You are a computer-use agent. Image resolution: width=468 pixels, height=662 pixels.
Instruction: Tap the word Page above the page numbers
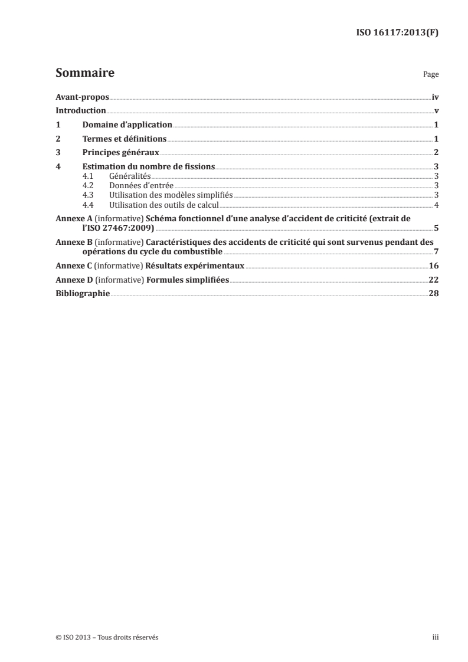[x=431, y=76]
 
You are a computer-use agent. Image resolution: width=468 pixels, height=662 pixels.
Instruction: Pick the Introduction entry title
[x=80, y=111]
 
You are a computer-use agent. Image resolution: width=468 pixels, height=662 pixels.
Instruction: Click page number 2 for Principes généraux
[x=436, y=153]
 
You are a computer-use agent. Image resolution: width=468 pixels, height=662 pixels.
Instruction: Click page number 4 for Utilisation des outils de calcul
[x=436, y=205]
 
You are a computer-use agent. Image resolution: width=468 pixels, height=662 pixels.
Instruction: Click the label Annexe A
[x=71, y=218]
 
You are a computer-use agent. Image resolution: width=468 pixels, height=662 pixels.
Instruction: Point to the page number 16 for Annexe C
[x=434, y=266]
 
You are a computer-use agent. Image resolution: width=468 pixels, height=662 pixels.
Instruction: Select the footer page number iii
[x=436, y=637]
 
